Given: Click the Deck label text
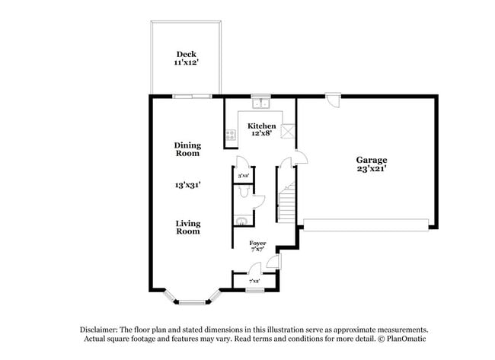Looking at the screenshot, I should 187,54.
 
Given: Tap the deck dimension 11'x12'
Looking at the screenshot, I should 187,63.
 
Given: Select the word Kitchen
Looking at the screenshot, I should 261,126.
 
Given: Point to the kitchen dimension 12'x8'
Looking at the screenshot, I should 261,134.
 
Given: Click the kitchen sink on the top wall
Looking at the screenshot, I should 261,102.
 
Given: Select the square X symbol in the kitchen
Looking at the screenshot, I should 287,131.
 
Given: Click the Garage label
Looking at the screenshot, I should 371,160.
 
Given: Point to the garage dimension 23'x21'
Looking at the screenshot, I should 371,169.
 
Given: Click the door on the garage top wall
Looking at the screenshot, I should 332,97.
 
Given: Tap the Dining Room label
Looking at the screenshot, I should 187,148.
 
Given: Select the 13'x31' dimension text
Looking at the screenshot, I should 187,185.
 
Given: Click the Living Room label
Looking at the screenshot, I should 188,227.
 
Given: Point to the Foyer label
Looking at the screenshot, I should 257,242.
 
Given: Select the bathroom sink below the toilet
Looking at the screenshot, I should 240,221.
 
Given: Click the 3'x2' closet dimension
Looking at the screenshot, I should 244,176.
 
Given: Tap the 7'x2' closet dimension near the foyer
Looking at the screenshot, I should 254,282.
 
